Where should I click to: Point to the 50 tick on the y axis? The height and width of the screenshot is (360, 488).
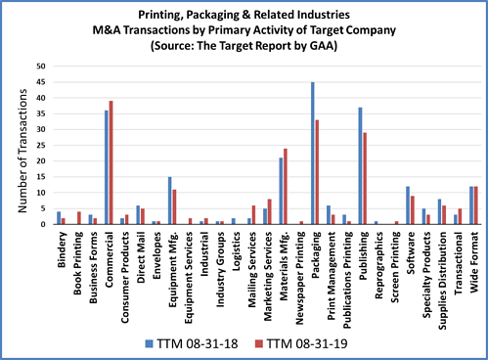tap(39, 67)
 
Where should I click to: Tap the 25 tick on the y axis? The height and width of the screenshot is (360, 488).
tap(39, 146)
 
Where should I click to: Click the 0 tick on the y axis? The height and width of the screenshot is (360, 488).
tap(42, 225)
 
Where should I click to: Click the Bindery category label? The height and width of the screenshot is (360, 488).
tap(61, 248)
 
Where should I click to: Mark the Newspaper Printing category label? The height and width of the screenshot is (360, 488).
tap(299, 270)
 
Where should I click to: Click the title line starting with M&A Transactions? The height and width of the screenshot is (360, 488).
tap(244, 30)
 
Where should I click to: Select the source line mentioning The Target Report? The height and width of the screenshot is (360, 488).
tap(244, 46)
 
